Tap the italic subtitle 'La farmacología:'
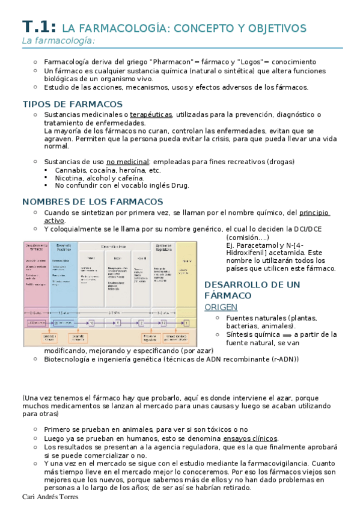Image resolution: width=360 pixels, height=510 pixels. [x=59, y=41]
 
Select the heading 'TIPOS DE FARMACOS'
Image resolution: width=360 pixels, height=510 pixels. [x=72, y=104]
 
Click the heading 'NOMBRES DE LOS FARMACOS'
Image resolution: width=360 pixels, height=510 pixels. [x=92, y=201]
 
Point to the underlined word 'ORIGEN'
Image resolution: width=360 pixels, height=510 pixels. [x=221, y=307]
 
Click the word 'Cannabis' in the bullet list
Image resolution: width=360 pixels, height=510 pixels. [x=71, y=170]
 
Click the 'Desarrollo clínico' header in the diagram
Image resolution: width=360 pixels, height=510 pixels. [x=114, y=247]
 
